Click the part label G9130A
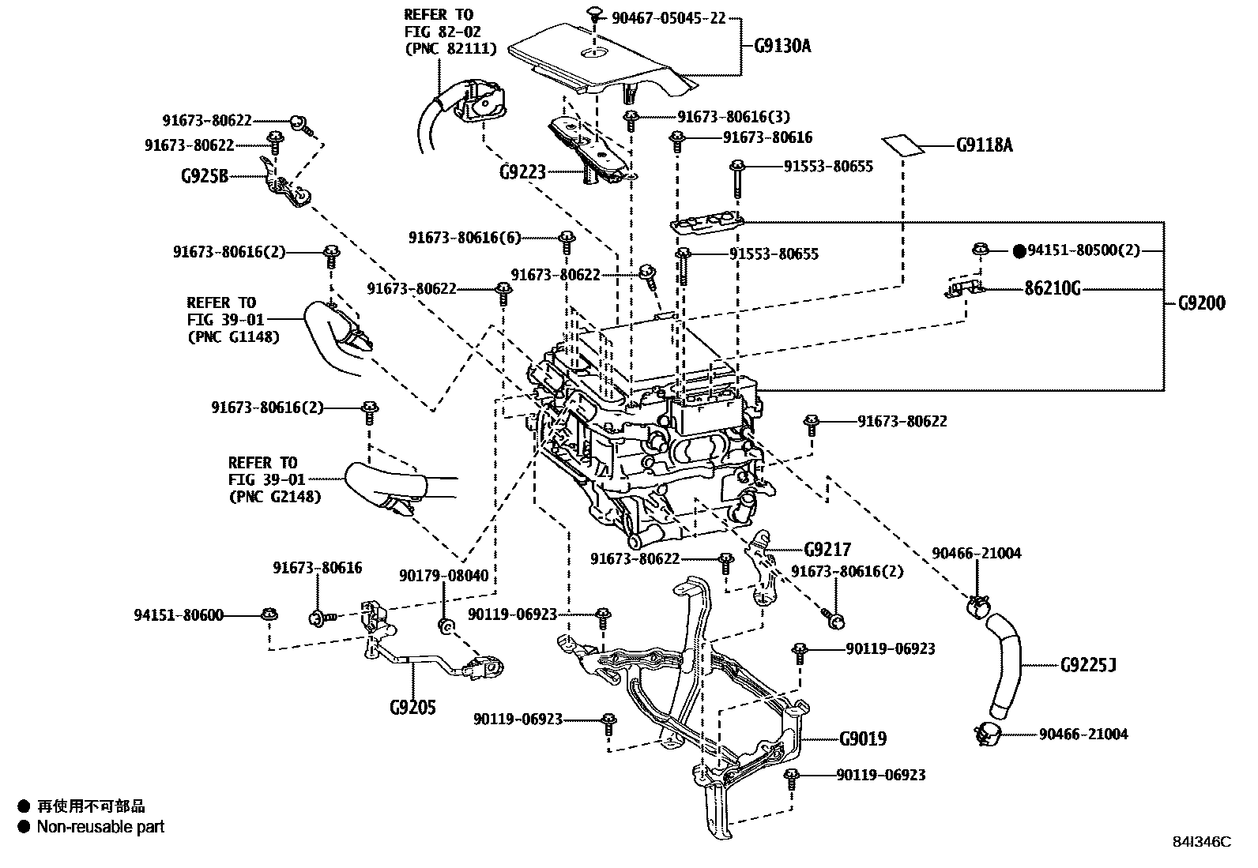pyautogui.click(x=782, y=45)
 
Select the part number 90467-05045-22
pyautogui.click(x=669, y=18)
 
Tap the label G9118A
pyautogui.click(x=984, y=145)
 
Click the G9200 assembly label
pyautogui.click(x=1201, y=302)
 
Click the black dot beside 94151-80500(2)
pyautogui.click(x=1019, y=251)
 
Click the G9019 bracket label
pyautogui.click(x=863, y=739)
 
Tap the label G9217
pyautogui.click(x=827, y=550)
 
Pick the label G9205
pyautogui.click(x=412, y=707)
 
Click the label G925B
pyautogui.click(x=204, y=175)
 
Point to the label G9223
pyautogui.click(x=522, y=171)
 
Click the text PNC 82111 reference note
pyautogui.click(x=450, y=49)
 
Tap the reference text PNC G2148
pyautogui.click(x=274, y=497)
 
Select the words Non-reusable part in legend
pyautogui.click(x=100, y=827)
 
